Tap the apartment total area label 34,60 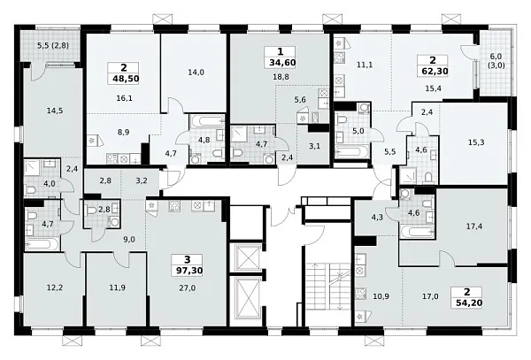point(282,63)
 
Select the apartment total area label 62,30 point(435,72)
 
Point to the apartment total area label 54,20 point(469,303)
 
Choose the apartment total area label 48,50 point(126,79)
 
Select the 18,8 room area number point(281,77)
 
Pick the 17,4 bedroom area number point(474,226)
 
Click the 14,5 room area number point(55,111)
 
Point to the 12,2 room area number point(55,288)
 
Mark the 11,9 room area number point(117,288)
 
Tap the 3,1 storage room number point(314,146)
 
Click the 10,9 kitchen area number point(381,296)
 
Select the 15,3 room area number point(476,142)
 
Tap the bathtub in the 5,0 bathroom point(351,152)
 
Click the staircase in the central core point(328,287)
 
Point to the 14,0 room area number point(196,72)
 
